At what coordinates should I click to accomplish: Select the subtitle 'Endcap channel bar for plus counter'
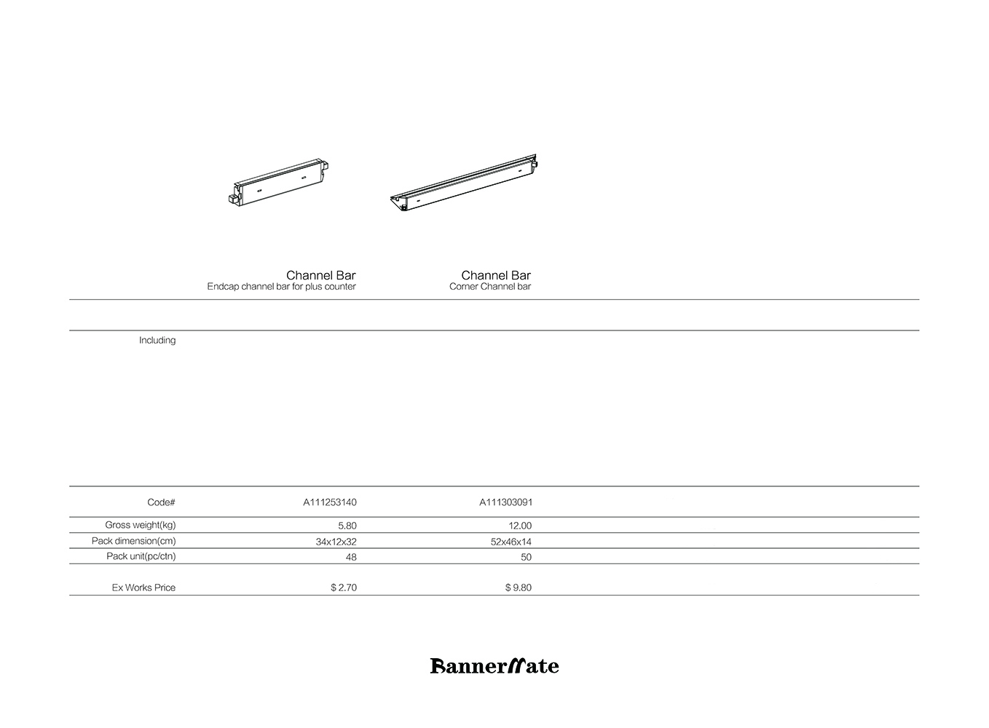pyautogui.click(x=281, y=287)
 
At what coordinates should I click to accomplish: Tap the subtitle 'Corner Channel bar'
pyautogui.click(x=490, y=287)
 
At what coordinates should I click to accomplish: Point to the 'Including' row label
pyautogui.click(x=157, y=340)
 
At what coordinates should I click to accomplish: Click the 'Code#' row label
pyautogui.click(x=161, y=502)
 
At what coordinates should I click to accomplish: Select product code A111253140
pyautogui.click(x=330, y=502)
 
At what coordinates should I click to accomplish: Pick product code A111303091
pyautogui.click(x=505, y=502)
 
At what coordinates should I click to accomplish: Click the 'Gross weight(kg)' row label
pyautogui.click(x=140, y=525)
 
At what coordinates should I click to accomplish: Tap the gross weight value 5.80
pyautogui.click(x=347, y=526)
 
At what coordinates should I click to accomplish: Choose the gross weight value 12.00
pyautogui.click(x=520, y=526)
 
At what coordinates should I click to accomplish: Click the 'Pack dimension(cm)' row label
pyautogui.click(x=133, y=541)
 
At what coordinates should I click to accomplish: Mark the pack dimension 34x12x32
pyautogui.click(x=336, y=542)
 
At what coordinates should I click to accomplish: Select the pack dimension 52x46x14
pyautogui.click(x=511, y=542)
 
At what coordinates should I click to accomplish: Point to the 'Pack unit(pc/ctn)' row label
pyautogui.click(x=141, y=556)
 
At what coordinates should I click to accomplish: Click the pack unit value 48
pyautogui.click(x=351, y=557)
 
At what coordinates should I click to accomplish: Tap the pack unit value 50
pyautogui.click(x=526, y=557)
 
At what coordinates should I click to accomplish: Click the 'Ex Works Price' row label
pyautogui.click(x=143, y=587)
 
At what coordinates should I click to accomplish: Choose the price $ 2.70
pyautogui.click(x=344, y=587)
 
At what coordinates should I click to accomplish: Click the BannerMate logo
pyautogui.click(x=494, y=665)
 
